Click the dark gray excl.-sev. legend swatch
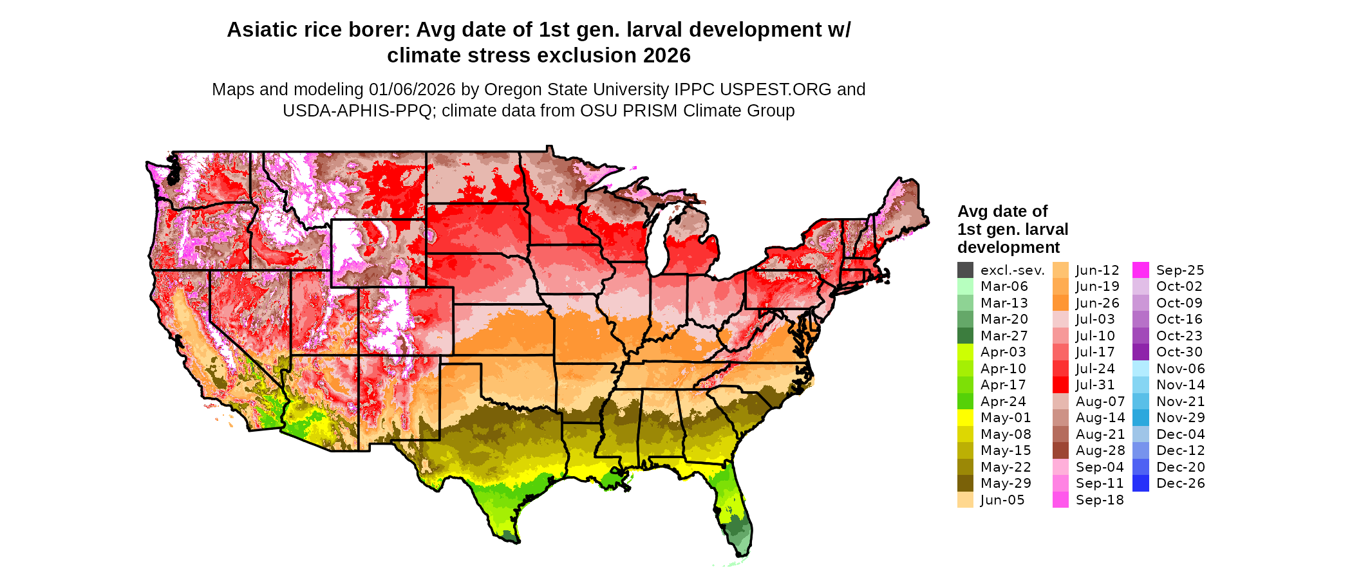coord(965,270)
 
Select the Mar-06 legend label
coord(1004,286)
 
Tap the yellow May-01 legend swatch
coord(965,418)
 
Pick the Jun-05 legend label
coord(1002,500)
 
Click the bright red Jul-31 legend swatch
coord(1060,385)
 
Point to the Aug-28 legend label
coord(1100,450)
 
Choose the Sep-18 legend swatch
coord(1060,500)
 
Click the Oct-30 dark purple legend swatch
coord(1140,352)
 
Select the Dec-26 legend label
coord(1180,483)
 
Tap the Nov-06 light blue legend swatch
coord(1140,369)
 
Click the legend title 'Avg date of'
coord(1002,212)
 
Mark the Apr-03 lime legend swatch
coord(965,352)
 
